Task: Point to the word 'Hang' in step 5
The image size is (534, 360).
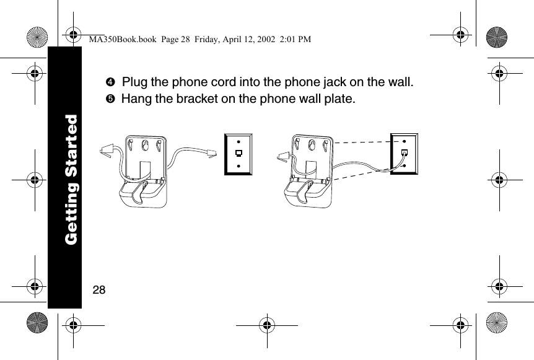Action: (x=134, y=99)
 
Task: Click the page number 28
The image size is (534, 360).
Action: (x=98, y=289)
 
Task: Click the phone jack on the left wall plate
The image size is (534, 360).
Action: (x=239, y=152)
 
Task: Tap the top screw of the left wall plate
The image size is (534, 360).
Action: (x=239, y=139)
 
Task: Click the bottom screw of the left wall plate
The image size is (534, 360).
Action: (x=239, y=165)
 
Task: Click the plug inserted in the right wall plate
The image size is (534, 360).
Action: (x=404, y=152)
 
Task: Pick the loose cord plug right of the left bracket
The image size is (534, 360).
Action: (x=211, y=151)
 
